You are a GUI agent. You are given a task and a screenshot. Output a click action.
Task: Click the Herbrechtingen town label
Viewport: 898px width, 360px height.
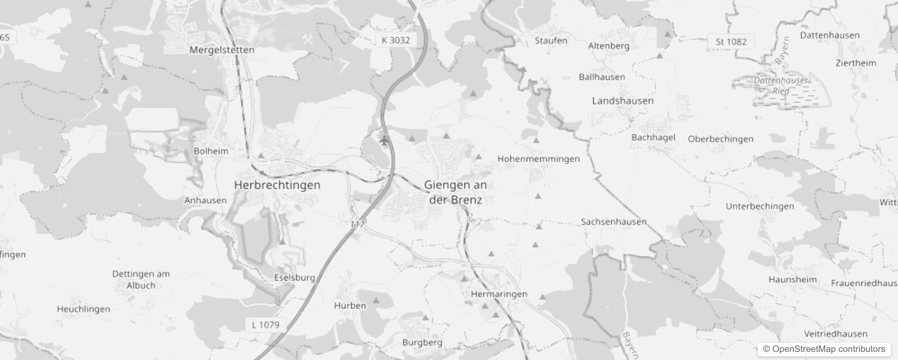(277, 185)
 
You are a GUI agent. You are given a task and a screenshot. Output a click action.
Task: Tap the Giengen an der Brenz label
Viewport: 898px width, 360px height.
(455, 192)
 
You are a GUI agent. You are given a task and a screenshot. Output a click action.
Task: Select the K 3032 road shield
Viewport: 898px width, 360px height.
(396, 40)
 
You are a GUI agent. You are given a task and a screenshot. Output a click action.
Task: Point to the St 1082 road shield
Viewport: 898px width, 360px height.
(731, 41)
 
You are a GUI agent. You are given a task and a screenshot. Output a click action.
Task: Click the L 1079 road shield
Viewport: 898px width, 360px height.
(265, 324)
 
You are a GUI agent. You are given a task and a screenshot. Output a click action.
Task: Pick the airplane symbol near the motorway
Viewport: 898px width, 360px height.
(384, 141)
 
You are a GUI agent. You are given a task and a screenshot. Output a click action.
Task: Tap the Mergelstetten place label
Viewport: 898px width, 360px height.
(222, 49)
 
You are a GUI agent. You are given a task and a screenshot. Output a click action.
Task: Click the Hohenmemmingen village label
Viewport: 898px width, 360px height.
(539, 159)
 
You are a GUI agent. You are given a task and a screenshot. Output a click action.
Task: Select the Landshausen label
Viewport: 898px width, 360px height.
(623, 101)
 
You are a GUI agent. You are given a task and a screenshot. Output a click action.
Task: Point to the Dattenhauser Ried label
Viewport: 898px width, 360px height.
(781, 85)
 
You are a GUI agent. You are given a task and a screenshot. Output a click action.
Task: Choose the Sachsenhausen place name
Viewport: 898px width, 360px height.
(614, 221)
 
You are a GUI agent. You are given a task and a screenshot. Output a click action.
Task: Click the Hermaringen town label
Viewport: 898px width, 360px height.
(499, 294)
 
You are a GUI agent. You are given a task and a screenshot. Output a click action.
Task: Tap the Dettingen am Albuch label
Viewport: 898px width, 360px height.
(141, 279)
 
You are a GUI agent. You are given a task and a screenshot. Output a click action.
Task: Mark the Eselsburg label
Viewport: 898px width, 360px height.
(295, 278)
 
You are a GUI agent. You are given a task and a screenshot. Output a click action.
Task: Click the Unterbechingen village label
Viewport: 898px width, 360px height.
(760, 206)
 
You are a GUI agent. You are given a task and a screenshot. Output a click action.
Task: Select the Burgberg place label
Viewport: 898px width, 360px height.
(422, 342)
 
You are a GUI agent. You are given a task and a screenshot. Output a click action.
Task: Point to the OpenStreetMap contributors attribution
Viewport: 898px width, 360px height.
(824, 349)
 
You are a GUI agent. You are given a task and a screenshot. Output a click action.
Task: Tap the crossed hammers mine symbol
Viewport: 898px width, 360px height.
(308, 40)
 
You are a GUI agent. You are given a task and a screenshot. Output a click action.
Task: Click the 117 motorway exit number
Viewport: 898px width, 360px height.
(358, 224)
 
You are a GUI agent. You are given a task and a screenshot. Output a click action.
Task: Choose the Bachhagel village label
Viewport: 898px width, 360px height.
(653, 137)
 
